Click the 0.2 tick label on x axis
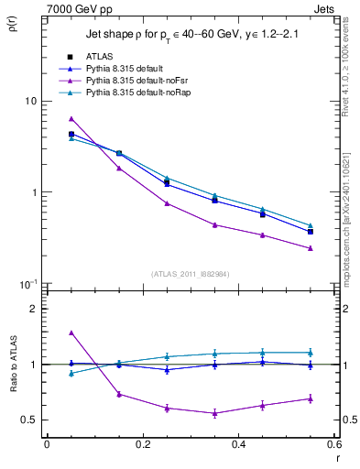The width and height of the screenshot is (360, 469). tap(142, 444)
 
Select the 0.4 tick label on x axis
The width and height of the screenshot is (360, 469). tap(238, 444)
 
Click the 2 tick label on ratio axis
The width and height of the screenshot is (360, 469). tap(33, 309)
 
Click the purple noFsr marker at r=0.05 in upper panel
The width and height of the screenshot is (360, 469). tap(71, 119)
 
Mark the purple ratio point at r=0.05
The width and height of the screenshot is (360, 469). tap(71, 333)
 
